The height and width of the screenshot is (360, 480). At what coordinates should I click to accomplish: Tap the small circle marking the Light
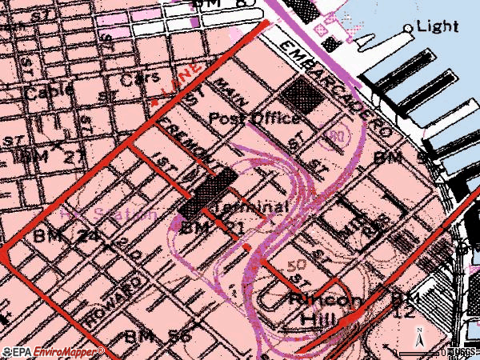point(409,28)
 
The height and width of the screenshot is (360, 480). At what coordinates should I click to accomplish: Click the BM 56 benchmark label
point(157,336)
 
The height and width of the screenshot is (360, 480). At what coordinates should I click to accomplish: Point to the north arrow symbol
point(417,334)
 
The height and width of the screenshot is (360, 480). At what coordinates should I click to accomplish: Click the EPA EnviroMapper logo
point(53,352)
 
